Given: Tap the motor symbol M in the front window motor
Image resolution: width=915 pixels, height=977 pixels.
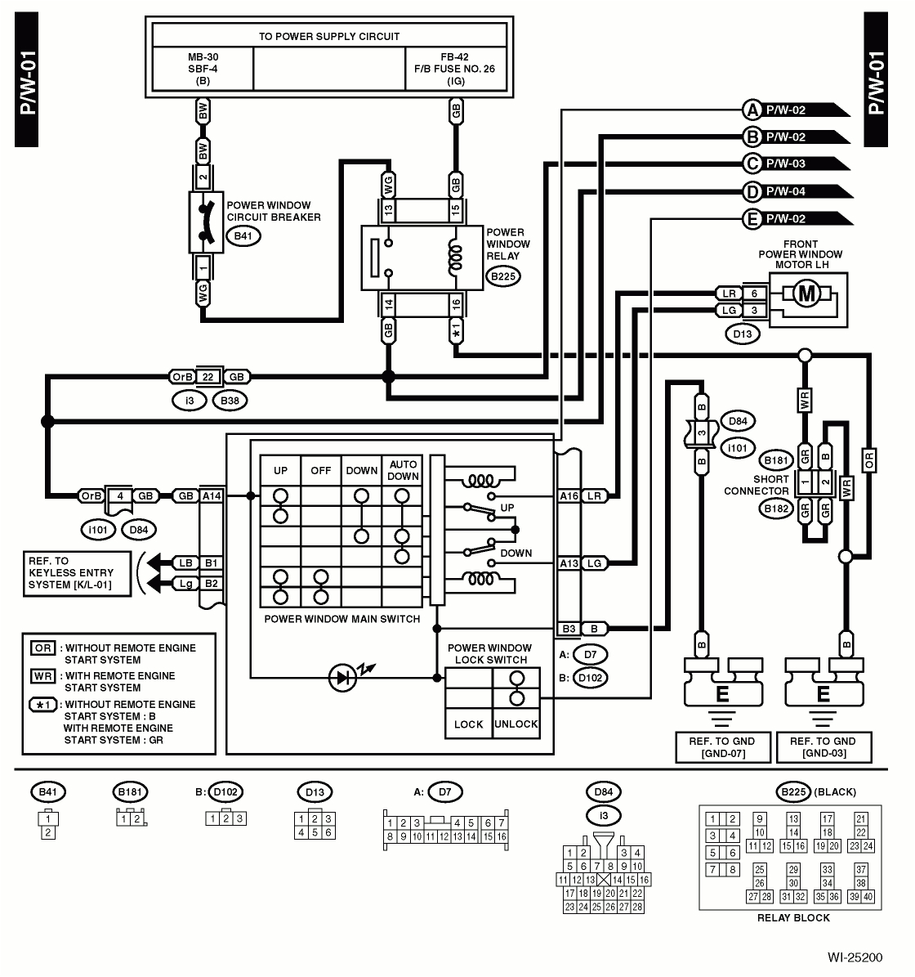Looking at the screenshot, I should [x=807, y=294].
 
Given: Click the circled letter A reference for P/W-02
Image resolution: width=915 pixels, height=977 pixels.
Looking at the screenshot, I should [x=752, y=110].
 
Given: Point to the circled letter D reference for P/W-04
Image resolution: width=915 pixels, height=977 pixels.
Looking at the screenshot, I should [x=752, y=191].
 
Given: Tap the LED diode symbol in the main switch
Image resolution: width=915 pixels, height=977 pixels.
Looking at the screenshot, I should [x=341, y=677].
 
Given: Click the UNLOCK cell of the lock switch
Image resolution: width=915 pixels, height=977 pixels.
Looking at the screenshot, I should [x=516, y=724].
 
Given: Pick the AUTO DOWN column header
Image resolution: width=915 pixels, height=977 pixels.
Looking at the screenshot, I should [x=403, y=470].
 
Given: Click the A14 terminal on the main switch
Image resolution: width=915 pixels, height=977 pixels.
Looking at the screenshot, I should [x=212, y=495].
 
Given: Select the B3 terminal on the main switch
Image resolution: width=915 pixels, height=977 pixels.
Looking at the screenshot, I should [x=569, y=629].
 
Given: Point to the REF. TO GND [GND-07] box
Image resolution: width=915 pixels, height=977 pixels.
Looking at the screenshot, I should [x=716, y=746].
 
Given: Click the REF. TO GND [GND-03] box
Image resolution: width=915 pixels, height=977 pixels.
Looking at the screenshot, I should [x=823, y=746].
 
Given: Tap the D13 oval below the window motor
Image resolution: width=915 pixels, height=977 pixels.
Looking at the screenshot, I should [x=743, y=334].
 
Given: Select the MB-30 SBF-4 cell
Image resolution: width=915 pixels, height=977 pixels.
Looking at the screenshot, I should [x=203, y=69].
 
